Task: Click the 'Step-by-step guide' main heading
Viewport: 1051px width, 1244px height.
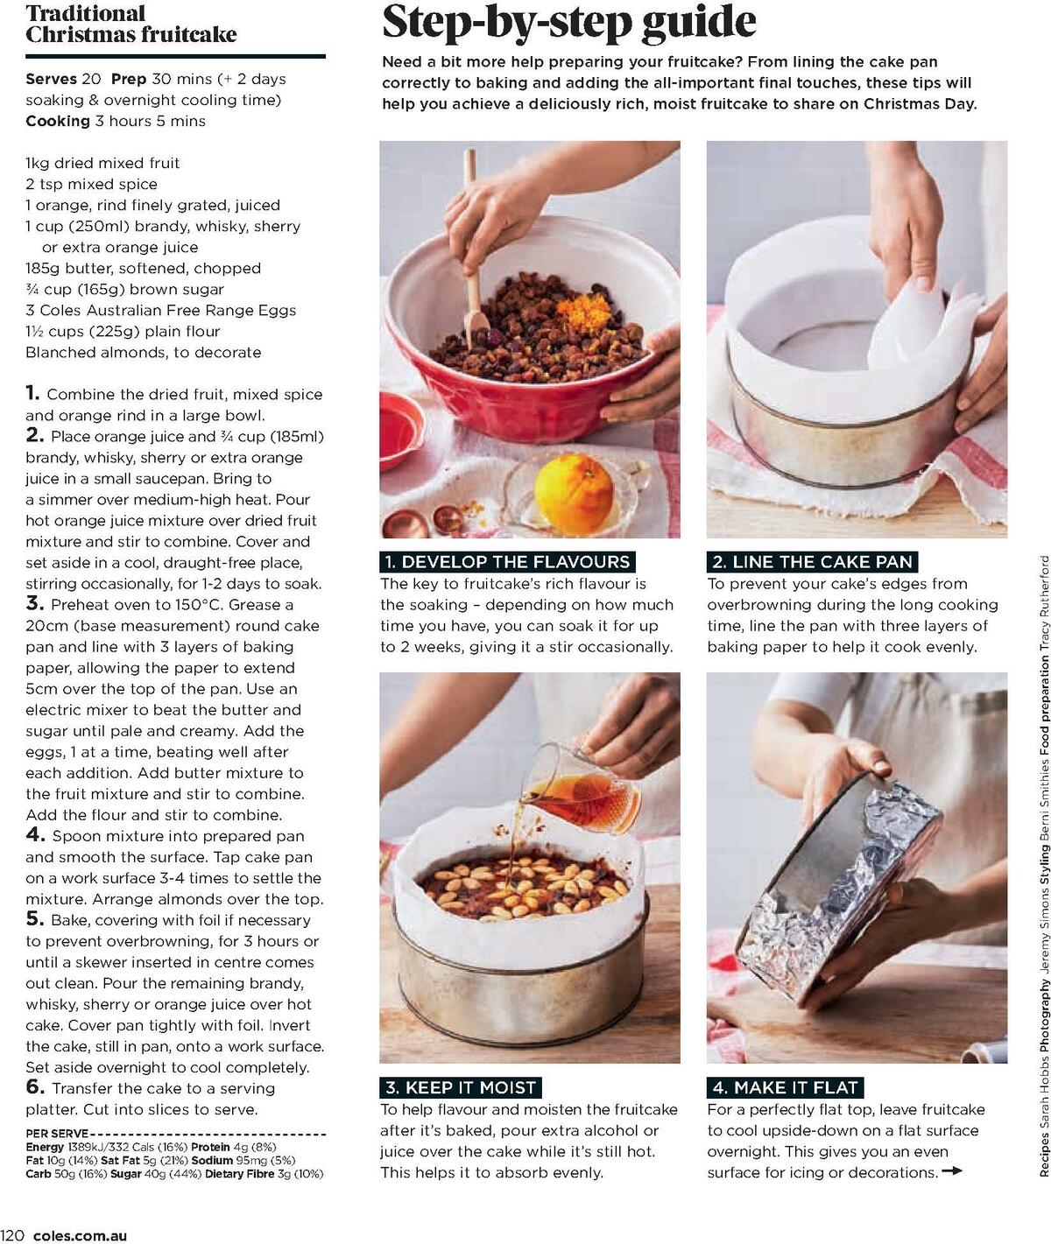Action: click(568, 23)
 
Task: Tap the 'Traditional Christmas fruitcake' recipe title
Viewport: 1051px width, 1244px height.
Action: click(130, 24)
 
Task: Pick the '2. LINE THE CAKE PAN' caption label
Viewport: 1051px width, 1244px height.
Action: click(812, 562)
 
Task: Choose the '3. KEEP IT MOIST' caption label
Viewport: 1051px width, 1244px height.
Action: click(460, 1087)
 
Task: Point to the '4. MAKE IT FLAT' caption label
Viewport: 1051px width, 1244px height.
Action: click(785, 1087)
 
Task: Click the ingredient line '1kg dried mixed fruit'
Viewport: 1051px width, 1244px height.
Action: click(102, 163)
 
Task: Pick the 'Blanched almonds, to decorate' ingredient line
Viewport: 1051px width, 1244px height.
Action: click(143, 352)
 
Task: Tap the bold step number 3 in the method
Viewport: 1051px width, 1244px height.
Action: click(34, 603)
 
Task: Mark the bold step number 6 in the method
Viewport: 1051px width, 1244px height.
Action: click(34, 1087)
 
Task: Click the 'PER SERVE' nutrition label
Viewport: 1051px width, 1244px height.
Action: click(57, 1133)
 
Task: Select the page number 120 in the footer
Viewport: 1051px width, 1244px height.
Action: click(13, 1236)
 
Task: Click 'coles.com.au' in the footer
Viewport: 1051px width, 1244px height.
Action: click(80, 1236)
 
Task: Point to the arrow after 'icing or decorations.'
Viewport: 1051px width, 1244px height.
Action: click(952, 1171)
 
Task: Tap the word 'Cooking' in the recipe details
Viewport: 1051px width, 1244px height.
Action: click(57, 121)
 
